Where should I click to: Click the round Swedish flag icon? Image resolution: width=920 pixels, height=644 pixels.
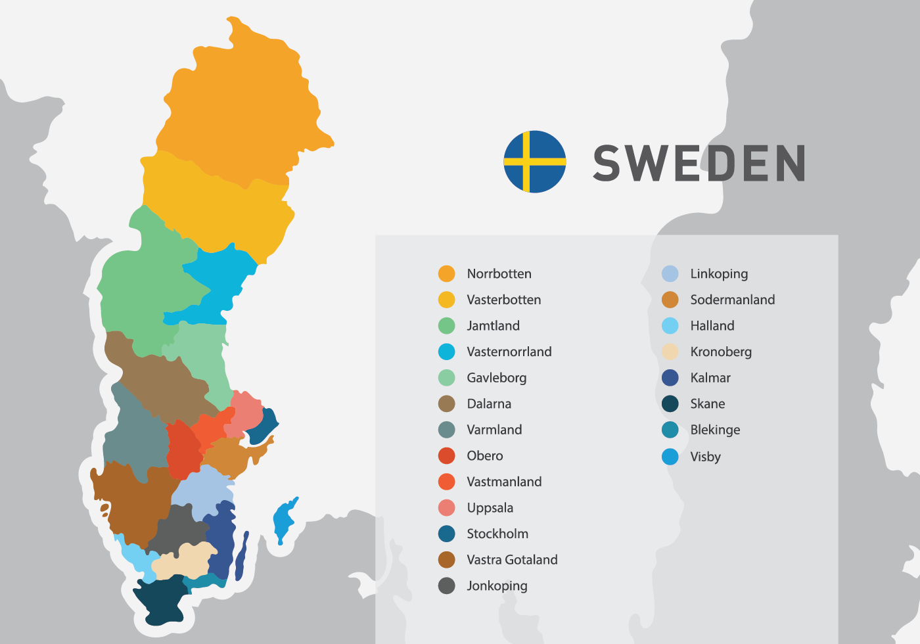pyautogui.click(x=535, y=162)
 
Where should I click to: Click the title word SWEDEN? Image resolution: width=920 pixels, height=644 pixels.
pyautogui.click(x=699, y=163)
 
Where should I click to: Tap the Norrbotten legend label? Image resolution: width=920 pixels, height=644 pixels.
pyautogui.click(x=499, y=274)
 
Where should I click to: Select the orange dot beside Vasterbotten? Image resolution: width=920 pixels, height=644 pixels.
pyautogui.click(x=447, y=300)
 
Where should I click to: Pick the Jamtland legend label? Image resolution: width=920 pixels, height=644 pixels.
pyautogui.click(x=493, y=326)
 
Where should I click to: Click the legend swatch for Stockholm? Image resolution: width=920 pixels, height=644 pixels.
pyautogui.click(x=447, y=534)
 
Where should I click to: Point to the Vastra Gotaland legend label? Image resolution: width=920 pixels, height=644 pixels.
pyautogui.click(x=512, y=560)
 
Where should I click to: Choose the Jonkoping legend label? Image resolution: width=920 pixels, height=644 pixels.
pyautogui.click(x=497, y=586)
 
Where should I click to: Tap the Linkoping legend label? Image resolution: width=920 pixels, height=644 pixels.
pyautogui.click(x=719, y=274)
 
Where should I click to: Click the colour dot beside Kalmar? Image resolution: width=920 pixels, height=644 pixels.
pyautogui.click(x=670, y=378)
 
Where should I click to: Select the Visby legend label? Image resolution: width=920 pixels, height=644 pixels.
pyautogui.click(x=705, y=457)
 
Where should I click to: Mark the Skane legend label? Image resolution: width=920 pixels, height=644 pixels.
pyautogui.click(x=707, y=404)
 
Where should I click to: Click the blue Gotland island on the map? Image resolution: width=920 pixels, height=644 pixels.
pyautogui.click(x=284, y=519)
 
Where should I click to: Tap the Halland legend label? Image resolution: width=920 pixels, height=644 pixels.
pyautogui.click(x=712, y=326)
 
